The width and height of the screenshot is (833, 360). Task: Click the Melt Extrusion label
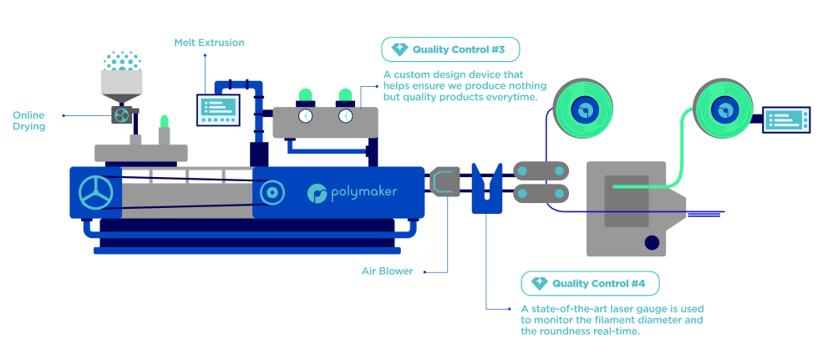[210, 42]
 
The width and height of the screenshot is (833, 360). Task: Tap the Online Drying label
[28, 120]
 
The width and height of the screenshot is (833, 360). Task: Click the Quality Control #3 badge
[450, 49]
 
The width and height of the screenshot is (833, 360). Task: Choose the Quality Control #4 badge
[590, 283]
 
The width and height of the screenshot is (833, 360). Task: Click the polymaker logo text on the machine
[352, 193]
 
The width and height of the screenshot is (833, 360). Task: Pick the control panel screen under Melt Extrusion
[216, 109]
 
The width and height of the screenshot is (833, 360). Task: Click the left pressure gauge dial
[304, 115]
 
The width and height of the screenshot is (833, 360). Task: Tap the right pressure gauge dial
[344, 115]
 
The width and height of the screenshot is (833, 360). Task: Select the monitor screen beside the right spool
[787, 120]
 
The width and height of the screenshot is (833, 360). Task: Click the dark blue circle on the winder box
[651, 243]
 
